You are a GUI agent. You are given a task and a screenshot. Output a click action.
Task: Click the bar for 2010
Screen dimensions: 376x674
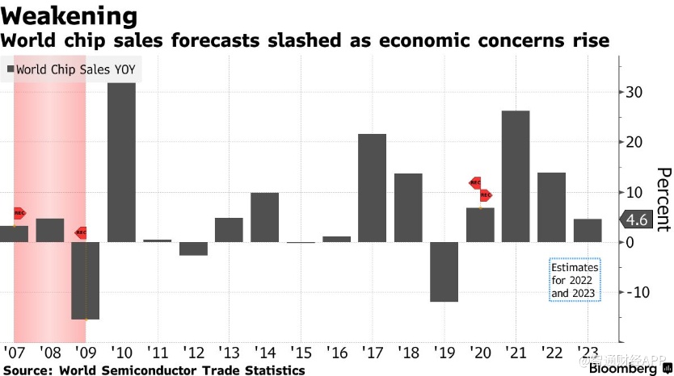pos(121,161)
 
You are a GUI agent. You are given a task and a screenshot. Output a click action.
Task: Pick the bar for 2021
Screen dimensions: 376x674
pos(516,176)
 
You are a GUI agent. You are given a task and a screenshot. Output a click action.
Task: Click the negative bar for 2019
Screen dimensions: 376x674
pos(444,271)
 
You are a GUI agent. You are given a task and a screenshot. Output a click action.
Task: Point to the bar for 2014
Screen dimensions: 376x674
pos(264,217)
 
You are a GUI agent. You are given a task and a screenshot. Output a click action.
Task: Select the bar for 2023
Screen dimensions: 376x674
pos(588,230)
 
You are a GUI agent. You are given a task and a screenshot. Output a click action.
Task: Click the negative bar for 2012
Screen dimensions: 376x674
pos(193,249)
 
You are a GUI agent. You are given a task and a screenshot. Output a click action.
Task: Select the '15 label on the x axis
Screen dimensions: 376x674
pos(301,352)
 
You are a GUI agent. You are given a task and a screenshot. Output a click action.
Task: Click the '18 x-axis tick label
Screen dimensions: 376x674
pos(408,352)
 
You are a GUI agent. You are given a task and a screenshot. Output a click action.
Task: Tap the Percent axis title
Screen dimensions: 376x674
pos(663,199)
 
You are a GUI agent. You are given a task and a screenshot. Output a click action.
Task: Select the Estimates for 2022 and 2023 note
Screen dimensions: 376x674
pos(575,280)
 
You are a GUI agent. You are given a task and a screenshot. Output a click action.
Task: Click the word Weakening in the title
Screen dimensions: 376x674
pos(70,16)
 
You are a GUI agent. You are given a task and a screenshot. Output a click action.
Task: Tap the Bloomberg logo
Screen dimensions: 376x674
pos(626,369)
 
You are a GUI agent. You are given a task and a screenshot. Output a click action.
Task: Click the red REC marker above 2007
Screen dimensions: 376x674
pos(19,213)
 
